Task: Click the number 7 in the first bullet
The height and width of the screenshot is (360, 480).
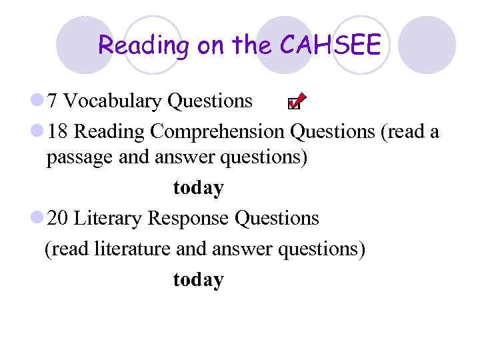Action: pos(53,101)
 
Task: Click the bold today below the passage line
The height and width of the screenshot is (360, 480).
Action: pos(198,189)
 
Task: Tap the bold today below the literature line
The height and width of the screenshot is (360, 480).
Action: pos(198,279)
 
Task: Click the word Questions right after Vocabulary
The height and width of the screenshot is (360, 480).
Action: pos(210,101)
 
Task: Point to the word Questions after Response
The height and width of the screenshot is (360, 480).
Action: pos(277,219)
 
